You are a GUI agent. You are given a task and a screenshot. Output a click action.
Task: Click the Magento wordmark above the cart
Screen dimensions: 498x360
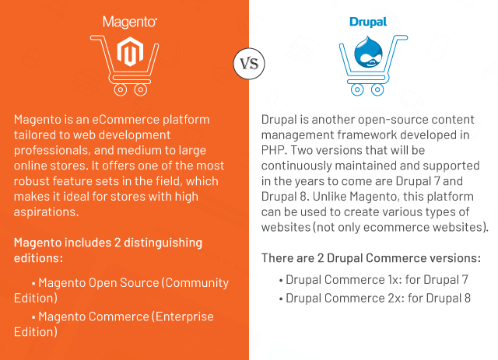(x=130, y=23)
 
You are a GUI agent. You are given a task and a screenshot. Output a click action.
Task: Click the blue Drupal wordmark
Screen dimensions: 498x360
(x=368, y=23)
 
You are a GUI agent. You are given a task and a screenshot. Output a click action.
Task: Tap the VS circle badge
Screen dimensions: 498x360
(x=249, y=64)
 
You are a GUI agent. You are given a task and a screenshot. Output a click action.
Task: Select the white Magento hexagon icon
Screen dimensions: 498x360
(x=130, y=52)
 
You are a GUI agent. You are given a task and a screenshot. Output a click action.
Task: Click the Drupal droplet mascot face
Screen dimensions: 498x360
(x=368, y=52)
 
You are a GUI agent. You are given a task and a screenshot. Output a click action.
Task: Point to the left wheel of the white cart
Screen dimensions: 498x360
(x=121, y=89)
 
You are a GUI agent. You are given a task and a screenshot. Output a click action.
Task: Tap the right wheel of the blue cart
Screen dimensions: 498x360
(x=377, y=89)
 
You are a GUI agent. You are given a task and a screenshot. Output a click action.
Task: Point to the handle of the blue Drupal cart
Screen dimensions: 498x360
(x=401, y=38)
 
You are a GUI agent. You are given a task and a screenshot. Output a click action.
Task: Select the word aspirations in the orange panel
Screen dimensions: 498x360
(x=46, y=212)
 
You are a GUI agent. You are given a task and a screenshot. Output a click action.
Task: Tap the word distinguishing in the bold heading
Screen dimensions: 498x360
(x=163, y=243)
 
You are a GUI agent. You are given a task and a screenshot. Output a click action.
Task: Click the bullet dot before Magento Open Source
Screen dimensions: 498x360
(x=33, y=283)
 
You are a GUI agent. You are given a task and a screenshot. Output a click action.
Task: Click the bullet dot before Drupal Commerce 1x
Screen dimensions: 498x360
(x=281, y=281)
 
